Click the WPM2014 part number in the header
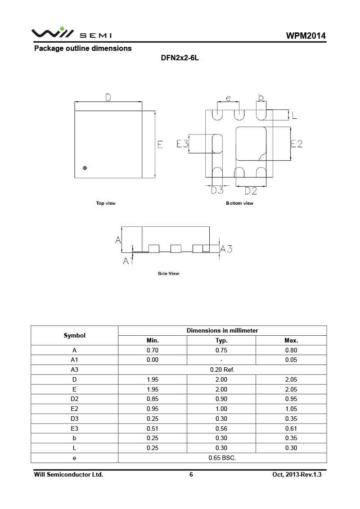[x=306, y=36]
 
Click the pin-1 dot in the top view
[x=85, y=168]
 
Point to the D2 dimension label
[x=251, y=191]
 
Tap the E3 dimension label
[x=182, y=144]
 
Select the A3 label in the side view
[x=226, y=248]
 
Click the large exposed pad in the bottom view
[x=251, y=144]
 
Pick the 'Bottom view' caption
[x=239, y=203]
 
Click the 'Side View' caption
[x=168, y=274]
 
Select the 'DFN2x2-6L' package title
[x=180, y=59]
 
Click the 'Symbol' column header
[x=74, y=335]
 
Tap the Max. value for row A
[x=291, y=350]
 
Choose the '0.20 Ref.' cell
[x=222, y=369]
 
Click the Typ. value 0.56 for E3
[x=221, y=428]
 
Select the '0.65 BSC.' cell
[x=222, y=458]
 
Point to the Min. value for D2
[x=153, y=399]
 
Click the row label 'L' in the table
[x=74, y=448]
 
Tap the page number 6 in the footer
[x=191, y=475]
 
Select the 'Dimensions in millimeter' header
[x=222, y=330]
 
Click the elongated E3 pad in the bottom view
[x=217, y=144]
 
